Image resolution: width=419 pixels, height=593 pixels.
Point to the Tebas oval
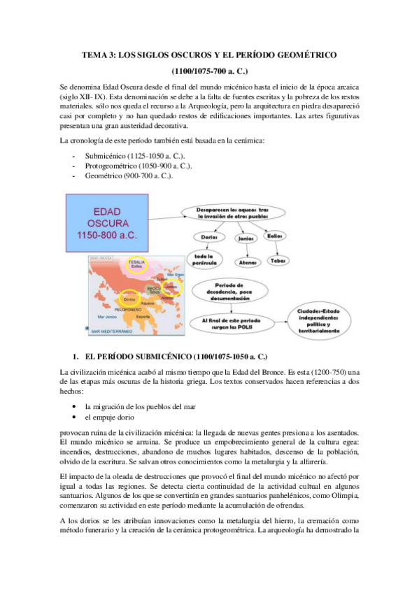(277, 260)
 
